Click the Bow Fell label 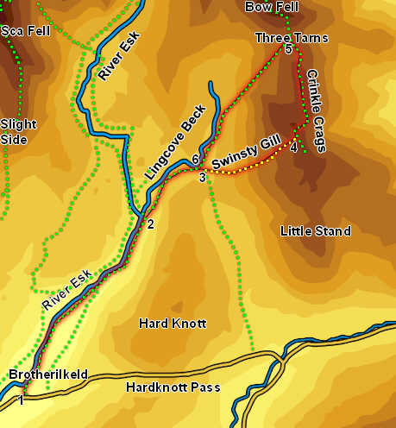(x=271, y=7)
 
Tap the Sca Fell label (x=26, y=31)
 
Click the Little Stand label (x=316, y=231)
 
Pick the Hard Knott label (x=173, y=324)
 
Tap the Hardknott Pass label (x=173, y=387)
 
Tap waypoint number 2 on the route (x=150, y=225)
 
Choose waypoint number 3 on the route (x=202, y=178)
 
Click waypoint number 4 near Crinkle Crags (x=293, y=148)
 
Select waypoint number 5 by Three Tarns (x=288, y=50)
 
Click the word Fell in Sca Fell (x=38, y=31)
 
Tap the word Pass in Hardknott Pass (x=207, y=387)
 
